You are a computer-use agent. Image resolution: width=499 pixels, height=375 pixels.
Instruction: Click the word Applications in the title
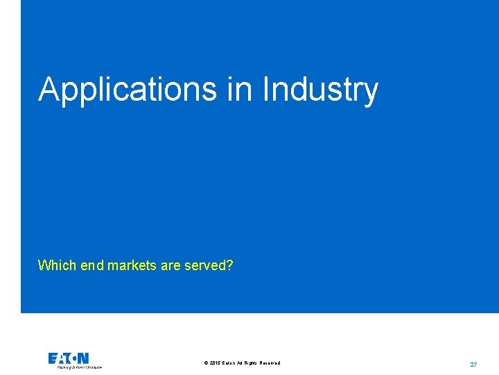[x=128, y=90]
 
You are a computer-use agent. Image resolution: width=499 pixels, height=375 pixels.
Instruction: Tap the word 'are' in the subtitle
[x=170, y=265]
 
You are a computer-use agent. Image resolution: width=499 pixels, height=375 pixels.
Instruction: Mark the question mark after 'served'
[x=229, y=265]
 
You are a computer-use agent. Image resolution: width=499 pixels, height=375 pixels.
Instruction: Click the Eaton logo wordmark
[x=69, y=358]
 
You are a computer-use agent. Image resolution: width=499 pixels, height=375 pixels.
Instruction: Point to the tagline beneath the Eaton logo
[x=79, y=367]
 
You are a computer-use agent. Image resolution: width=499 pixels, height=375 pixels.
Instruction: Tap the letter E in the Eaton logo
[x=53, y=358]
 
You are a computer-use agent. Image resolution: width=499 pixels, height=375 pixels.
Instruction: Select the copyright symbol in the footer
[x=207, y=363]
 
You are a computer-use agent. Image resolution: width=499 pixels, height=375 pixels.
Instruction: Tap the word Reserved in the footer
[x=270, y=363]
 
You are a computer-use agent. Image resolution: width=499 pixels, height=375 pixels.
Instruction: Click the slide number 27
[x=473, y=364]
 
